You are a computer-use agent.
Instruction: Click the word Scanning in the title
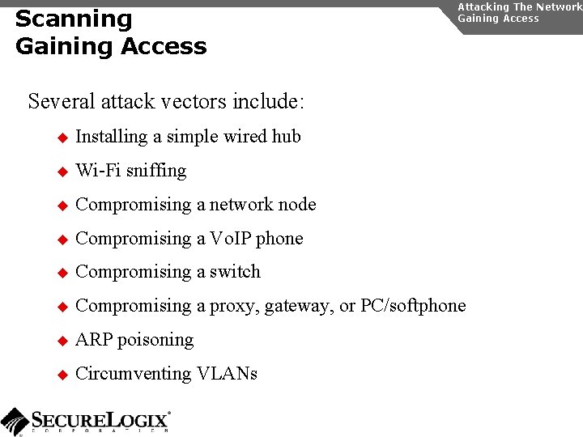click(74, 19)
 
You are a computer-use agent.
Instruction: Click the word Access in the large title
click(166, 46)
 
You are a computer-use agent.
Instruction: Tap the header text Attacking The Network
click(519, 6)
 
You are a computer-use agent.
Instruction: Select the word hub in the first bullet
click(287, 136)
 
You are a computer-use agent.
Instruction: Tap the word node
click(297, 204)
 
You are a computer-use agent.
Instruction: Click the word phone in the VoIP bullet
click(280, 238)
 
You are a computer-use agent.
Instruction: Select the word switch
click(235, 272)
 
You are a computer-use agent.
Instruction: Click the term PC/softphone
click(413, 306)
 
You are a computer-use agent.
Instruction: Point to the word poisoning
click(155, 340)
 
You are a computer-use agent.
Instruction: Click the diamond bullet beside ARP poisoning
click(61, 341)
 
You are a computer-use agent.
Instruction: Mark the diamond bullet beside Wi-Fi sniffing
click(61, 172)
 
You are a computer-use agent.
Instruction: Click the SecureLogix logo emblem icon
click(15, 421)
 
